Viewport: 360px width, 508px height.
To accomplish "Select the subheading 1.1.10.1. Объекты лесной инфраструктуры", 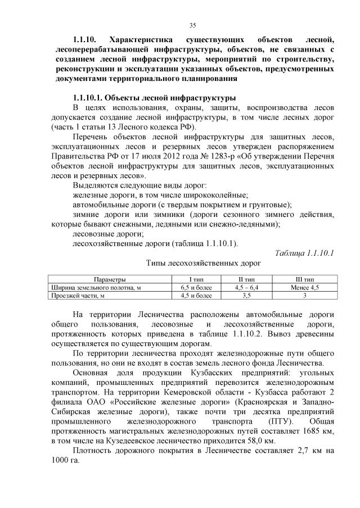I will [150, 97].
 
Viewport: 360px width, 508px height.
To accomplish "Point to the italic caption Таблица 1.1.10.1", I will [304, 252].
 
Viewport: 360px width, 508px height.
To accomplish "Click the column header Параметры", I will [110, 279].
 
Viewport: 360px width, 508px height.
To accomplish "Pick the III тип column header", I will [305, 279].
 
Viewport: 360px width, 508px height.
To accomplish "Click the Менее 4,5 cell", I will [304, 287].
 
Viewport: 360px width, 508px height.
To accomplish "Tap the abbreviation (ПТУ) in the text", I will [269, 421].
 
